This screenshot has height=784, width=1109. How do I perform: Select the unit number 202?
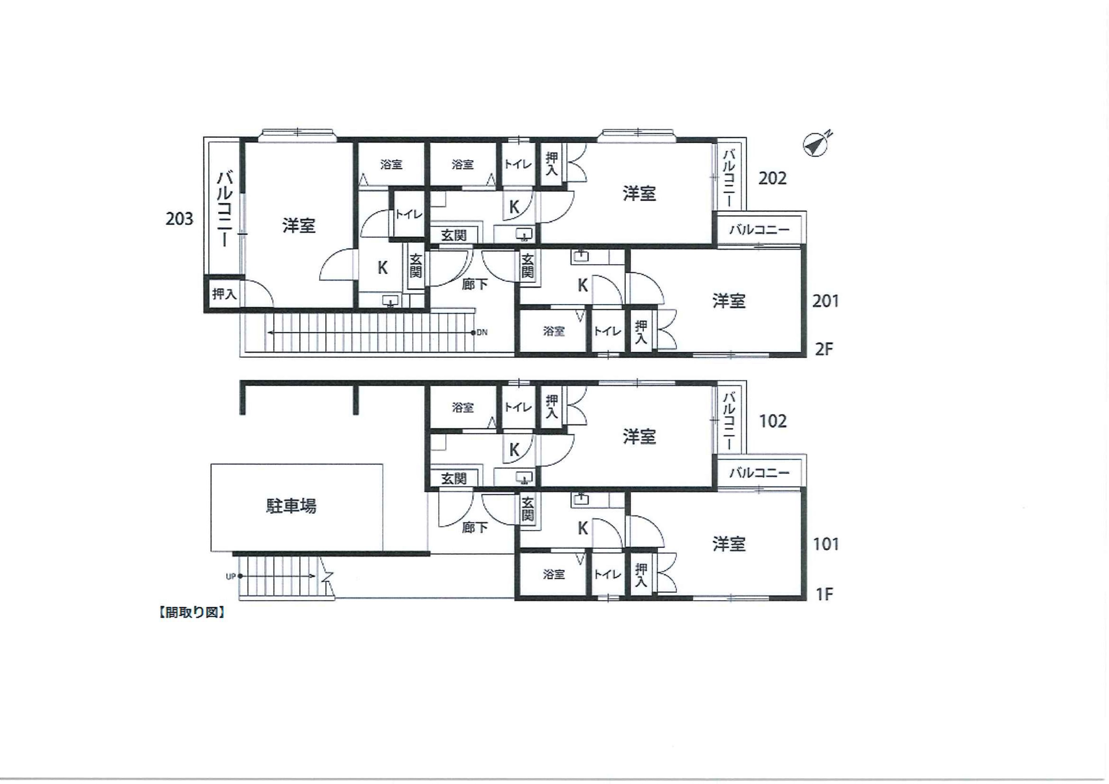772,178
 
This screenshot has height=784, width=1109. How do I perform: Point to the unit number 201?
825,301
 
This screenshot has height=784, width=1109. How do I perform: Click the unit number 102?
773,421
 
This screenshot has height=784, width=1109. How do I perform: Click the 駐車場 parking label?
291,506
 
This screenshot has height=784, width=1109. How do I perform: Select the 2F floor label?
824,349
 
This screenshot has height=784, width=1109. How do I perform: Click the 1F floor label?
824,594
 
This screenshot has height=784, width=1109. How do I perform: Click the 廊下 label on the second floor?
475,284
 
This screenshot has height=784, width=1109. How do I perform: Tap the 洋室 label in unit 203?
299,226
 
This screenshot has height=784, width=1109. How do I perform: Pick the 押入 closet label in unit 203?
224,294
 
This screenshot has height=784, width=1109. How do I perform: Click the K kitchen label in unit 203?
382,267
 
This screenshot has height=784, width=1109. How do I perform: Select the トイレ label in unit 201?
607,331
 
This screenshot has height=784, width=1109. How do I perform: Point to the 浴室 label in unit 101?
553,574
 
